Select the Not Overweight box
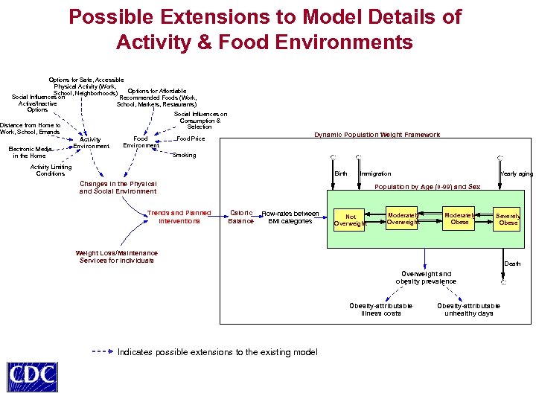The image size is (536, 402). (350, 220)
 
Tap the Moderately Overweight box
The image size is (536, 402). (403, 218)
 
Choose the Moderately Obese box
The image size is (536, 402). (460, 218)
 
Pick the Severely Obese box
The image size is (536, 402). (508, 219)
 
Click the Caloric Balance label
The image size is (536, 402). (240, 217)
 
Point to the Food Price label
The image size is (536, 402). (191, 139)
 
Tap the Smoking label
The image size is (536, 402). (184, 156)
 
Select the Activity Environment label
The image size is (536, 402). (90, 142)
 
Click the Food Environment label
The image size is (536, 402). (141, 141)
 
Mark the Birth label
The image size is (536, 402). (341, 173)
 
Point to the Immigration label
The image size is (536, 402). (375, 173)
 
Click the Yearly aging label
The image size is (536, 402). (516, 173)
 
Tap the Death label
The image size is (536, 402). (513, 264)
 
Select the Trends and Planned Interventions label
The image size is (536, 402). (179, 217)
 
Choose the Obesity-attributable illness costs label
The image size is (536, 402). (381, 309)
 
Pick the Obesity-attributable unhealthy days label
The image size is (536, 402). (468, 309)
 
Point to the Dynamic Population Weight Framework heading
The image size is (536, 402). (377, 135)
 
